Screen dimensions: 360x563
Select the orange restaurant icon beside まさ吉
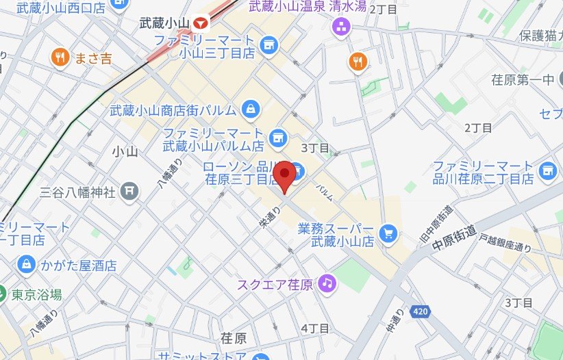(60, 58)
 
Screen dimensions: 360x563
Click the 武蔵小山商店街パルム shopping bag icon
(251, 109)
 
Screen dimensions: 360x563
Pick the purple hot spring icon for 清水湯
(340, 27)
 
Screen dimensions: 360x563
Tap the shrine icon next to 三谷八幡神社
(129, 191)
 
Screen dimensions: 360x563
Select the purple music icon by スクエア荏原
(327, 282)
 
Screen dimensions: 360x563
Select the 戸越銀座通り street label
(505, 243)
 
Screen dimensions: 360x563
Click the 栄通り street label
(266, 218)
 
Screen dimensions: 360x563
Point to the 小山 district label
(124, 152)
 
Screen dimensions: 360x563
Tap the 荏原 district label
(234, 338)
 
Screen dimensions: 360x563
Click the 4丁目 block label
(315, 329)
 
